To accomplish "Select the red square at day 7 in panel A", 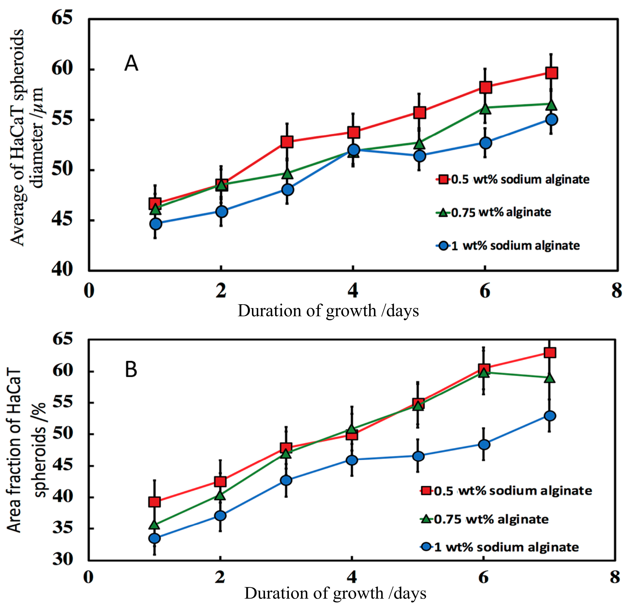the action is tap(551, 73).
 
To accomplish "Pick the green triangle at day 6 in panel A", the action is tap(486, 108).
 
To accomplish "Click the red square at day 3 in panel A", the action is tap(287, 142).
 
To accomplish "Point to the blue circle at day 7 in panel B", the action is tap(549, 416).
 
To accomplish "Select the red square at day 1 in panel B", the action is tap(155, 502).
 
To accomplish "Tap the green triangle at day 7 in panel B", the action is tap(550, 378).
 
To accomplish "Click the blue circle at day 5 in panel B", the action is tap(418, 456).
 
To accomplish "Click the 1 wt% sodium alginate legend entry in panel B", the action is tap(500, 547).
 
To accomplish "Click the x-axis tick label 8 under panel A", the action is tap(617, 291).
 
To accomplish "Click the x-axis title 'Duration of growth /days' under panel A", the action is tap(328, 311).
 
